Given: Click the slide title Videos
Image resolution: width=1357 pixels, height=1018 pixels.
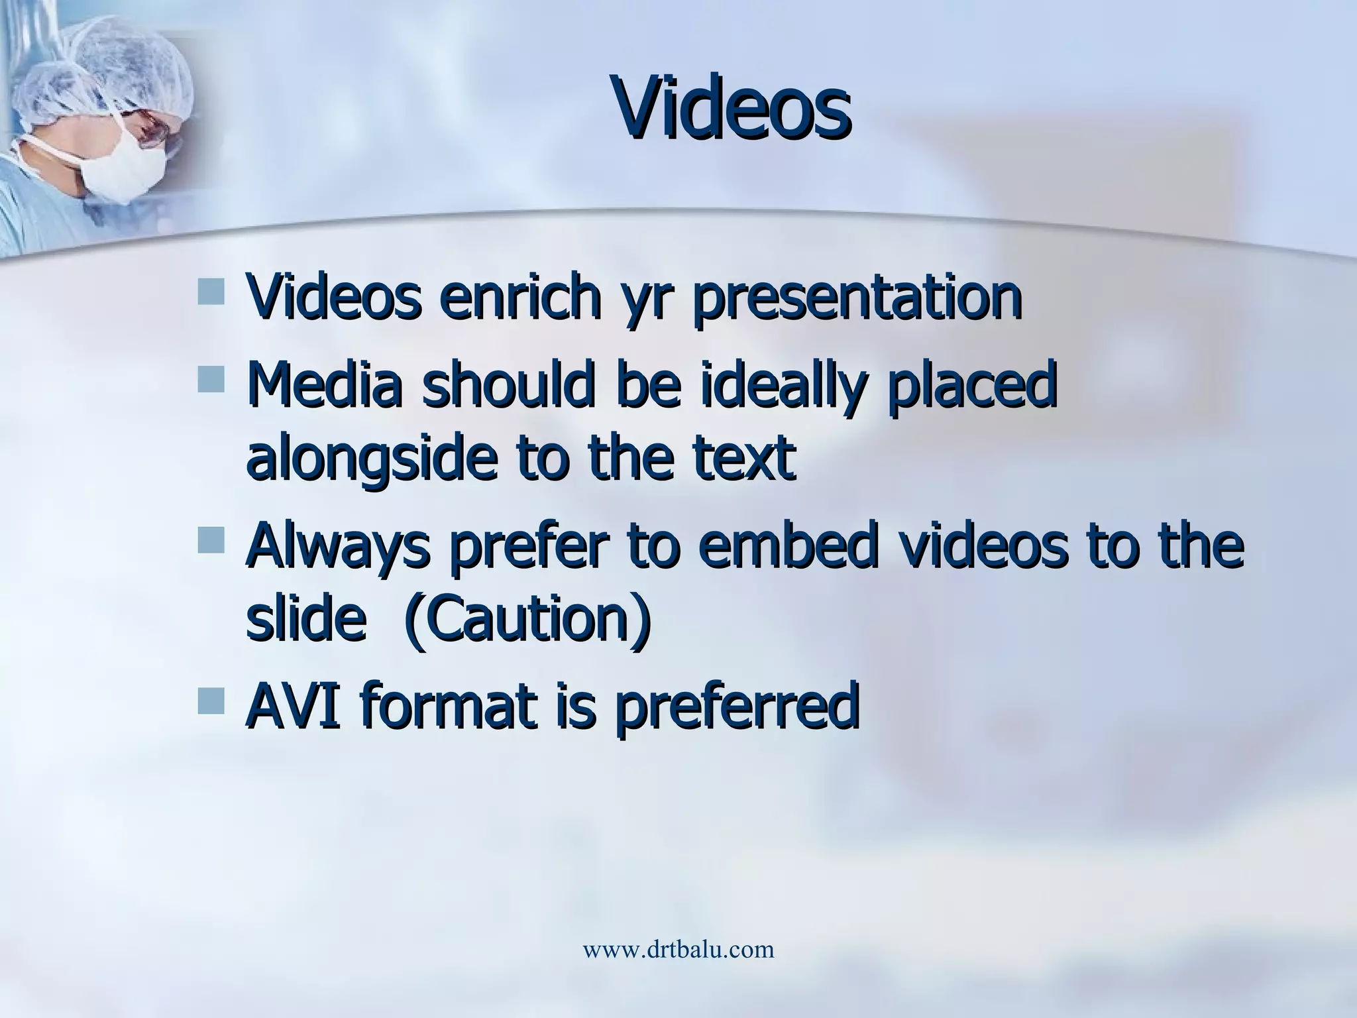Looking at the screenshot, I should coord(732,108).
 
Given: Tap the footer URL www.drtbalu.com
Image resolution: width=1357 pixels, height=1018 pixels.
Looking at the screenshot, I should coord(678,950).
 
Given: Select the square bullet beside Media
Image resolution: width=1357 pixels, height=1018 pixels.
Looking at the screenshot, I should coord(211,379).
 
